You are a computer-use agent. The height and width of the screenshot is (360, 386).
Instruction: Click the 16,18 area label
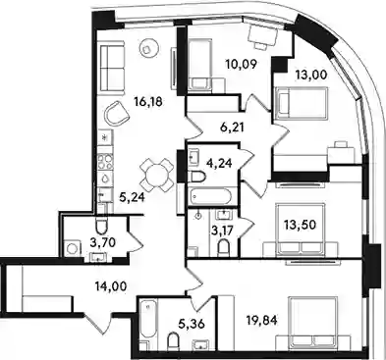click(x=148, y=102)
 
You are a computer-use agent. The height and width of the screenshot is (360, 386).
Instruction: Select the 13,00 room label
click(x=311, y=76)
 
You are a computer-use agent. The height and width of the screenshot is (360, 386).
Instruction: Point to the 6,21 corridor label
click(x=232, y=128)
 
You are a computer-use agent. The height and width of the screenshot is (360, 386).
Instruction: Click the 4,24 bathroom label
click(x=220, y=163)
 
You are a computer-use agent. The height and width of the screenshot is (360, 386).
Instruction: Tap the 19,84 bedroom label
click(x=262, y=321)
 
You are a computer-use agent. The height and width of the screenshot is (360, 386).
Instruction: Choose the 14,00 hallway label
click(x=110, y=287)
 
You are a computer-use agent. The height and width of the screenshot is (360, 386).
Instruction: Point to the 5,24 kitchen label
click(x=133, y=197)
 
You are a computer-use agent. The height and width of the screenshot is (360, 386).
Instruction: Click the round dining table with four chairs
click(x=155, y=175)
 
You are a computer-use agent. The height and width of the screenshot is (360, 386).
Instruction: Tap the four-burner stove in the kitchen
click(x=105, y=162)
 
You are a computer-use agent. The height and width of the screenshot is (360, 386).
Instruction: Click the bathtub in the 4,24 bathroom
click(x=211, y=196)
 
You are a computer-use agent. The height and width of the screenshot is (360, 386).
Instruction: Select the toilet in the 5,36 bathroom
click(x=173, y=341)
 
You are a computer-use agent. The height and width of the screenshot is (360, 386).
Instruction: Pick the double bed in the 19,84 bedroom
click(x=312, y=323)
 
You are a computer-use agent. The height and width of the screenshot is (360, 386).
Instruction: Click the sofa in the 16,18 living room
click(x=112, y=68)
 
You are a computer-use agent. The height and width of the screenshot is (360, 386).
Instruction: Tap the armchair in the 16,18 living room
click(x=116, y=114)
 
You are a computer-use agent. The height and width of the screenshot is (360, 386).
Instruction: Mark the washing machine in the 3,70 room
click(x=72, y=249)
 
